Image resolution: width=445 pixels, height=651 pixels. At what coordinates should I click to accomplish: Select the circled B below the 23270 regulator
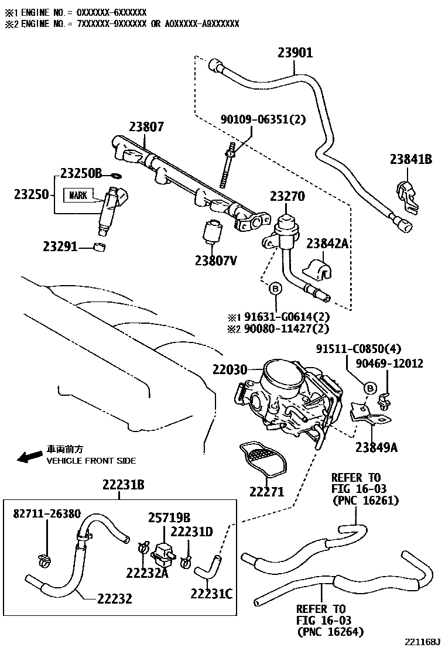click(x=274, y=288)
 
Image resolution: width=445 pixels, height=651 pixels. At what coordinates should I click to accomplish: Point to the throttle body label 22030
click(x=229, y=370)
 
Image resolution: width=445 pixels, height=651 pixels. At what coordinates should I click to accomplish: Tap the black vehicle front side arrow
click(x=28, y=457)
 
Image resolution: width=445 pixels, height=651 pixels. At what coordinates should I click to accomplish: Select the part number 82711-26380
click(x=47, y=513)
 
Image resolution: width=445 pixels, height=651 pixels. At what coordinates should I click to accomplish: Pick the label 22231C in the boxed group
click(x=211, y=594)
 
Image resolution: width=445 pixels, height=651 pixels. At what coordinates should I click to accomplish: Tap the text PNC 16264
click(x=330, y=631)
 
